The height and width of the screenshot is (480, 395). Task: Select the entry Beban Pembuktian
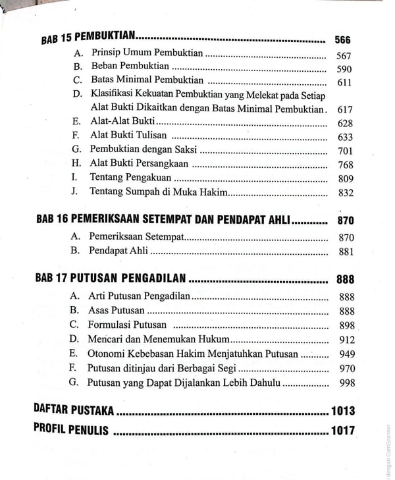pyautogui.click(x=130, y=67)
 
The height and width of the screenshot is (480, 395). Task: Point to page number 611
pyautogui.click(x=344, y=83)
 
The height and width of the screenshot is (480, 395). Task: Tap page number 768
pyautogui.click(x=345, y=165)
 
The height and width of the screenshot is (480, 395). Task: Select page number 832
pyautogui.click(x=345, y=193)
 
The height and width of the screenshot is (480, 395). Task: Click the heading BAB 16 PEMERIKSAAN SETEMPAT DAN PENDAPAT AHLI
pyautogui.click(x=163, y=220)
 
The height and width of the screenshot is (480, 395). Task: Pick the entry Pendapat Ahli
pyautogui.click(x=118, y=250)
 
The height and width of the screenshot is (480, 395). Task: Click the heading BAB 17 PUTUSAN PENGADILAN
pyautogui.click(x=109, y=278)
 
